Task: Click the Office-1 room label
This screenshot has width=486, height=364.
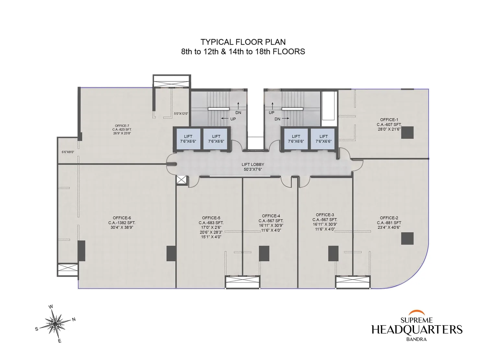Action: [x=389, y=120]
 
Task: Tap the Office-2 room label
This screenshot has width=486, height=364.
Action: [x=389, y=218]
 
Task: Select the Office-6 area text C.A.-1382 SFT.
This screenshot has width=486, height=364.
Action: [x=122, y=223]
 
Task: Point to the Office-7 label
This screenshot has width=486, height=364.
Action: [x=122, y=126]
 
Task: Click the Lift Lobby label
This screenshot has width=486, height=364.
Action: [x=253, y=164]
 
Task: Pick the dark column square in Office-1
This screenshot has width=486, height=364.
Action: [x=407, y=132]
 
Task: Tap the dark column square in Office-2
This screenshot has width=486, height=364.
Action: [x=407, y=238]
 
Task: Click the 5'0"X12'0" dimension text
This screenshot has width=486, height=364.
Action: [x=181, y=114]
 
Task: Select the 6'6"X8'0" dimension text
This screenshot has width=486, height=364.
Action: [x=68, y=152]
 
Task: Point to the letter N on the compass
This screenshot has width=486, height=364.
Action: [x=74, y=319]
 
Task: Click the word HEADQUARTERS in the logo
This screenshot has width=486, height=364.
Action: [x=417, y=330]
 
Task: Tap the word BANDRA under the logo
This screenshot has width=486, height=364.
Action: [x=416, y=339]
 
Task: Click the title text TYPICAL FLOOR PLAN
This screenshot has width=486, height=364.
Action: [x=243, y=42]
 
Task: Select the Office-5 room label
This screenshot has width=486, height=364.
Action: [x=211, y=218]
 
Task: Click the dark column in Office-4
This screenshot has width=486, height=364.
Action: [x=264, y=253]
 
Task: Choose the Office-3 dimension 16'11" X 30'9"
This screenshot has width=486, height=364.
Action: [x=325, y=224]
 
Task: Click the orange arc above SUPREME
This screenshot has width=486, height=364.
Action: [x=416, y=313]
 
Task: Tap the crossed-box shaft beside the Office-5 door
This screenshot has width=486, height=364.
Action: [x=182, y=180]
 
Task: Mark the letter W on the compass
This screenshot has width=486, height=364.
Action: [x=51, y=307]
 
